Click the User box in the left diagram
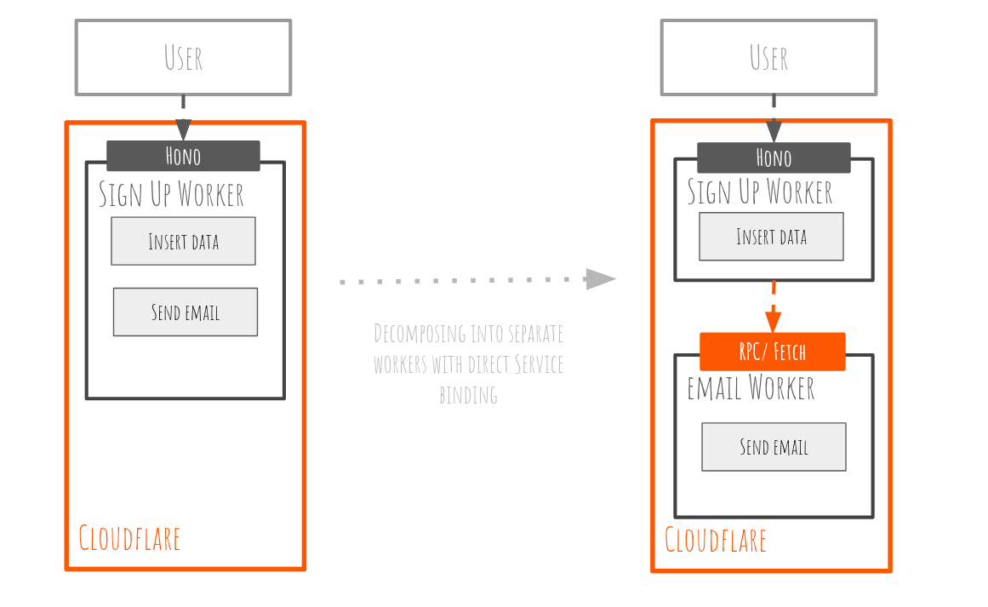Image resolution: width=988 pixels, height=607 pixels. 183,57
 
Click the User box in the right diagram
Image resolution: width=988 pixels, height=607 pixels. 768,57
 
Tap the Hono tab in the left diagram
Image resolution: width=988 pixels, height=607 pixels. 183,156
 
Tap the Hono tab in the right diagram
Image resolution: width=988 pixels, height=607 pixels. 774,157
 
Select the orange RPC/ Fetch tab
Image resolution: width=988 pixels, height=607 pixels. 773,352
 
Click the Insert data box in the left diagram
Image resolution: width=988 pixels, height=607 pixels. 183,241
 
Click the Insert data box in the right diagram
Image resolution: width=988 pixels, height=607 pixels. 771,236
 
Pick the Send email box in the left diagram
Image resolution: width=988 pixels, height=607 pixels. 185,312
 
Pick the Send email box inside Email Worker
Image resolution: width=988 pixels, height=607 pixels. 774,446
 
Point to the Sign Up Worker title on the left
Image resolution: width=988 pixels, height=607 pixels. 171,194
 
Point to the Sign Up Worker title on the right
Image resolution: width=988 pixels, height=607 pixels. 760,192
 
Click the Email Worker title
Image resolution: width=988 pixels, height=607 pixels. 751,388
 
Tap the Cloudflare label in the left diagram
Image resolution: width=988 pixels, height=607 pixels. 129,538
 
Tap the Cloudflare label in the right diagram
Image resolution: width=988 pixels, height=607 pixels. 715,540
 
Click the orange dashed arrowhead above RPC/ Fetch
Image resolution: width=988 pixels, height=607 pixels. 773,322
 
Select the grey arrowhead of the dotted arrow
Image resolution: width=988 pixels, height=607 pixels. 601,279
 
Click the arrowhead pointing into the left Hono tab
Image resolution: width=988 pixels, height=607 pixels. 183,129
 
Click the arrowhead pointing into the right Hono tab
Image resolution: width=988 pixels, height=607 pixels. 774,131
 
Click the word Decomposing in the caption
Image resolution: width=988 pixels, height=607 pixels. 418,333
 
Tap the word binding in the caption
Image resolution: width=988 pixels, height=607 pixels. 468,395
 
